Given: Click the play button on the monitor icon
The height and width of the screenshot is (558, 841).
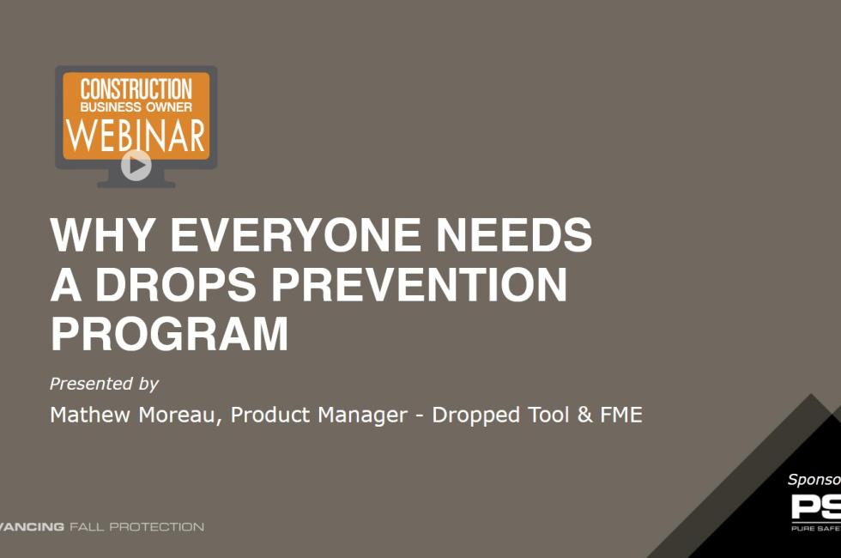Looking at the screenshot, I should (x=136, y=165).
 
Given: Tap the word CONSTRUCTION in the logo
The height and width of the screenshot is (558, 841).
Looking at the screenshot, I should (x=136, y=88).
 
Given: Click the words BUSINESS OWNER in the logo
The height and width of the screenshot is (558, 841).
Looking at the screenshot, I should (x=136, y=107).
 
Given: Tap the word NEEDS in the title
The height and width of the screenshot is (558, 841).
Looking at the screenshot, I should (x=512, y=235).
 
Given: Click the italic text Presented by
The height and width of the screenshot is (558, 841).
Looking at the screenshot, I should (x=104, y=384).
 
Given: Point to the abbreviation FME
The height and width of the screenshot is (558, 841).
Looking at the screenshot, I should (x=620, y=415).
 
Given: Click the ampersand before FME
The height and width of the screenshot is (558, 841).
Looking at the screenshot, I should (x=586, y=415).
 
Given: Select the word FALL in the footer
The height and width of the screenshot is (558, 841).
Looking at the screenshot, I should (x=88, y=526).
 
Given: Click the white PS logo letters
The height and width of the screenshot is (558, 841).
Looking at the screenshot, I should (x=815, y=506).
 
